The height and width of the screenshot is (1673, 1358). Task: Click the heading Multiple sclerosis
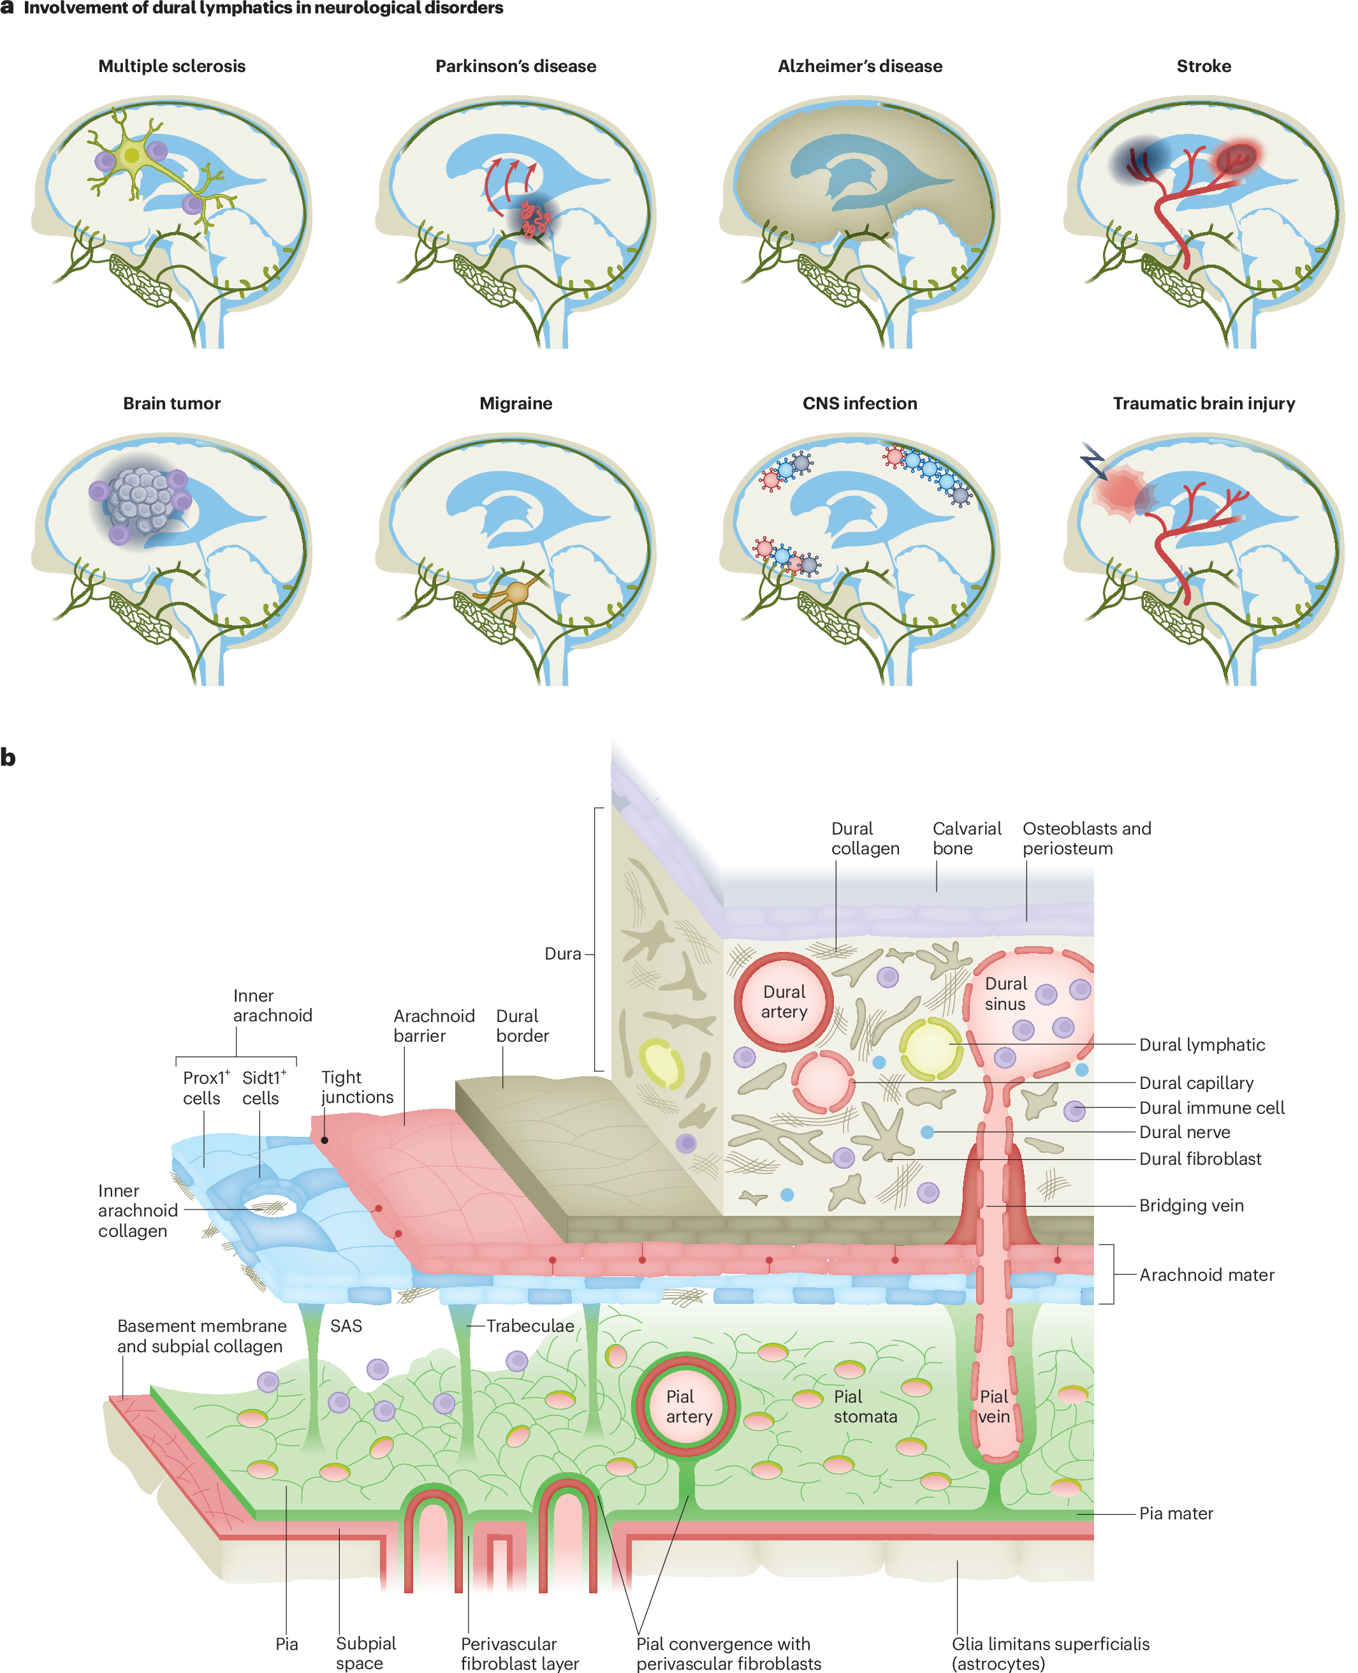pos(172,66)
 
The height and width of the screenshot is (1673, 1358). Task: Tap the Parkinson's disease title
pos(516,66)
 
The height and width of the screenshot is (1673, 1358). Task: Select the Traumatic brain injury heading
pos(1203,404)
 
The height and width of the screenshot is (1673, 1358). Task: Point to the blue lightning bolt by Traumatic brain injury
pos(1093,461)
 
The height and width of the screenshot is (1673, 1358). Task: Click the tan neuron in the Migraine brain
pos(517,592)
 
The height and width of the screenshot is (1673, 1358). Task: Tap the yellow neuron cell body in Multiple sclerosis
pos(132,155)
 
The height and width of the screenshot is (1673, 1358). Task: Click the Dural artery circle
pos(783,1001)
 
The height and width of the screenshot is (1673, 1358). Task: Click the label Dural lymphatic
pos(1202,1044)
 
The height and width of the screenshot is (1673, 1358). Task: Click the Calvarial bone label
pos(967,838)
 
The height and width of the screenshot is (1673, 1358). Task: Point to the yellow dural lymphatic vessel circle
pos(930,1048)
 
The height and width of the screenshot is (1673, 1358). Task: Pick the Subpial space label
pos(365,1653)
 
